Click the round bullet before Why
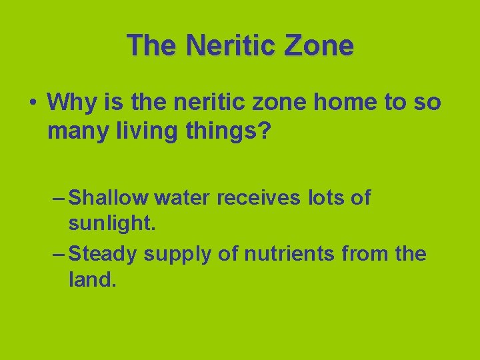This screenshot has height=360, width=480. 32,103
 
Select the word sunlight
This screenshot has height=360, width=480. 112,224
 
